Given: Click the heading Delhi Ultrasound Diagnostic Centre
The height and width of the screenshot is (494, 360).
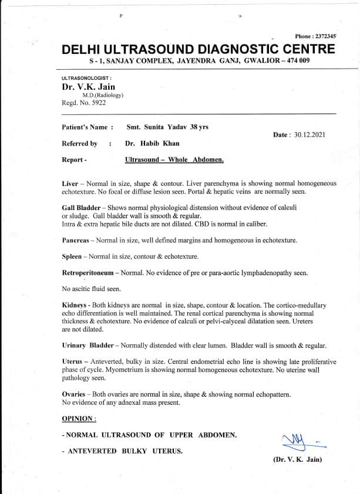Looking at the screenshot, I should tap(198, 49).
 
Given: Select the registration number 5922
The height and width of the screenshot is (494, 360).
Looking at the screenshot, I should tap(98, 103).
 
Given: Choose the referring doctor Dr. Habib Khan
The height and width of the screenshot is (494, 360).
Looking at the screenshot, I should tap(152, 143).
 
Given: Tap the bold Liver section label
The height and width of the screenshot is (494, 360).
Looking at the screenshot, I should tap(70, 183).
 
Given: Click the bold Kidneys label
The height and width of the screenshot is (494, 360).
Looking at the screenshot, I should tap(75, 305).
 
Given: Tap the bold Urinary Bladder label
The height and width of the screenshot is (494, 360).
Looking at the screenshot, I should tap(88, 346).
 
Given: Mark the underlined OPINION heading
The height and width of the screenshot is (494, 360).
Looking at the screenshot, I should tap(79, 418).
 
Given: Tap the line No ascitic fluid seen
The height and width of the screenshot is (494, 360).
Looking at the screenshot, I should tap(91, 289).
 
